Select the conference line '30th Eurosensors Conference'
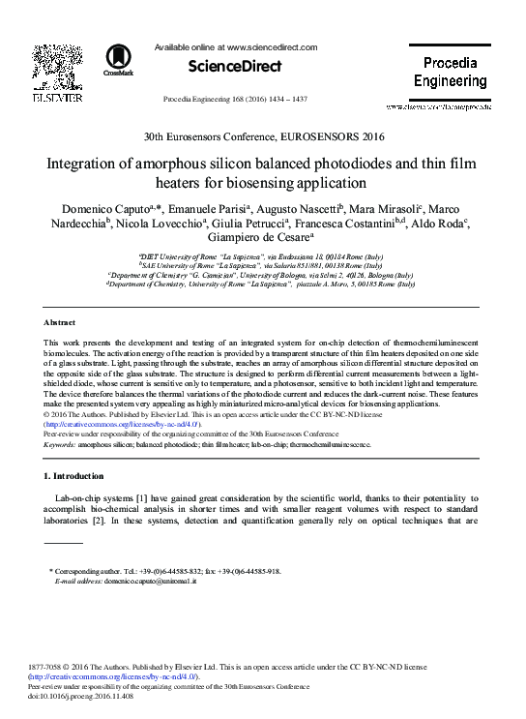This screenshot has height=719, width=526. pyautogui.click(x=263, y=137)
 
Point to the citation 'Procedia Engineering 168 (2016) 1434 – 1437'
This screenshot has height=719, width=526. pyautogui.click(x=235, y=100)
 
